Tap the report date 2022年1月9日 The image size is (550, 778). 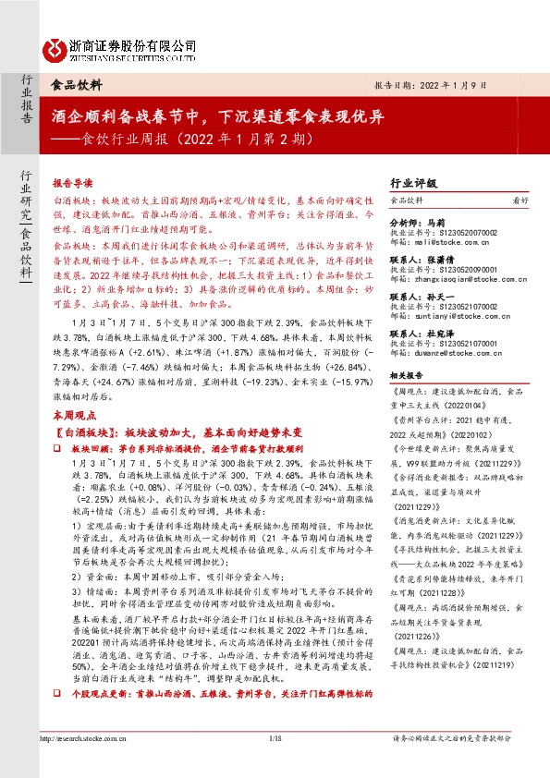tap(479, 82)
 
